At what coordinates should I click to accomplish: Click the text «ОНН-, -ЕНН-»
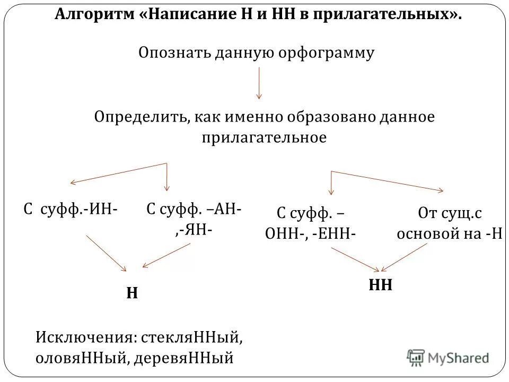click(x=310, y=234)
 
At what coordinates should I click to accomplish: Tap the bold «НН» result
click(x=380, y=285)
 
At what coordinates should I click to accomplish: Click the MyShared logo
click(x=448, y=358)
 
